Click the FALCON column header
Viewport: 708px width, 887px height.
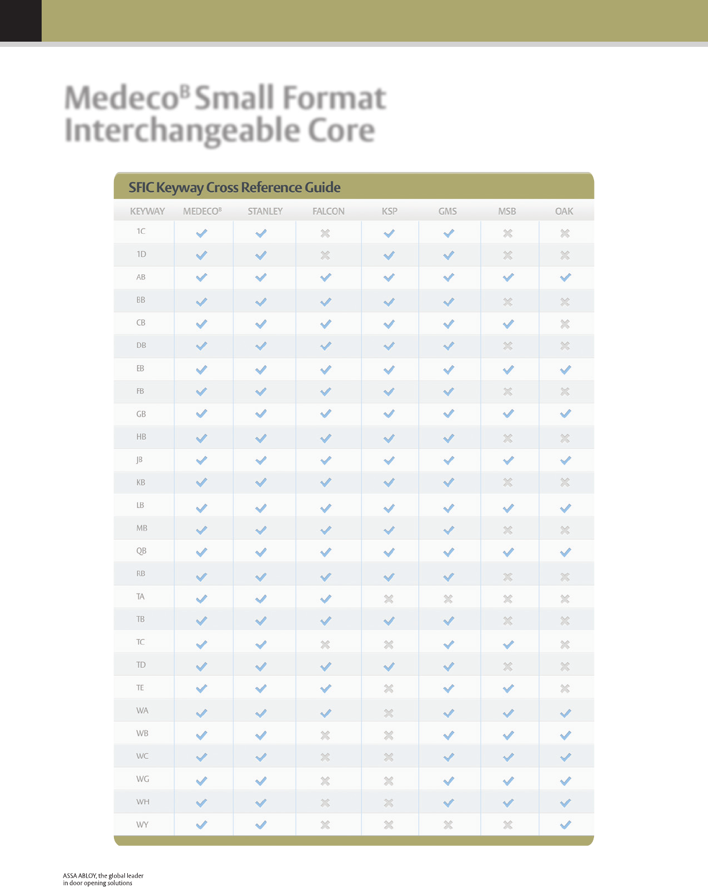coord(328,211)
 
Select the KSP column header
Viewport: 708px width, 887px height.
coord(389,211)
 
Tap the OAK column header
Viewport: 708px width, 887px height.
coord(564,211)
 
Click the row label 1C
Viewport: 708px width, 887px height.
coord(141,231)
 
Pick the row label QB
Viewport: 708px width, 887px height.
coord(141,551)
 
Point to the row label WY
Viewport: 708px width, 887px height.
coord(142,825)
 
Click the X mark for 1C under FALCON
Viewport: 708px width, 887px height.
coord(325,233)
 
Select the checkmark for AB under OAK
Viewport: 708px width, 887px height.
coord(566,277)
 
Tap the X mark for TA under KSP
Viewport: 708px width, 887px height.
coord(389,599)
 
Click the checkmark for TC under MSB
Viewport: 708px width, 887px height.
coord(508,644)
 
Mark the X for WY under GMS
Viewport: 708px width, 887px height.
coord(448,825)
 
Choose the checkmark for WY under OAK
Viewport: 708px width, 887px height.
coord(566,825)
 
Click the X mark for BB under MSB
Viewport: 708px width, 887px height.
coord(508,301)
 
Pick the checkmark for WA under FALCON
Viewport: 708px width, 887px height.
coord(326,713)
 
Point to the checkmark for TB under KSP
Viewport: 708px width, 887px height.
coord(389,621)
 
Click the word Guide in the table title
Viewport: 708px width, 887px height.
coord(323,187)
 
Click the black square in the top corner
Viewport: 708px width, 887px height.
coord(21,21)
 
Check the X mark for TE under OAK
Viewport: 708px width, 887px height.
coord(565,689)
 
